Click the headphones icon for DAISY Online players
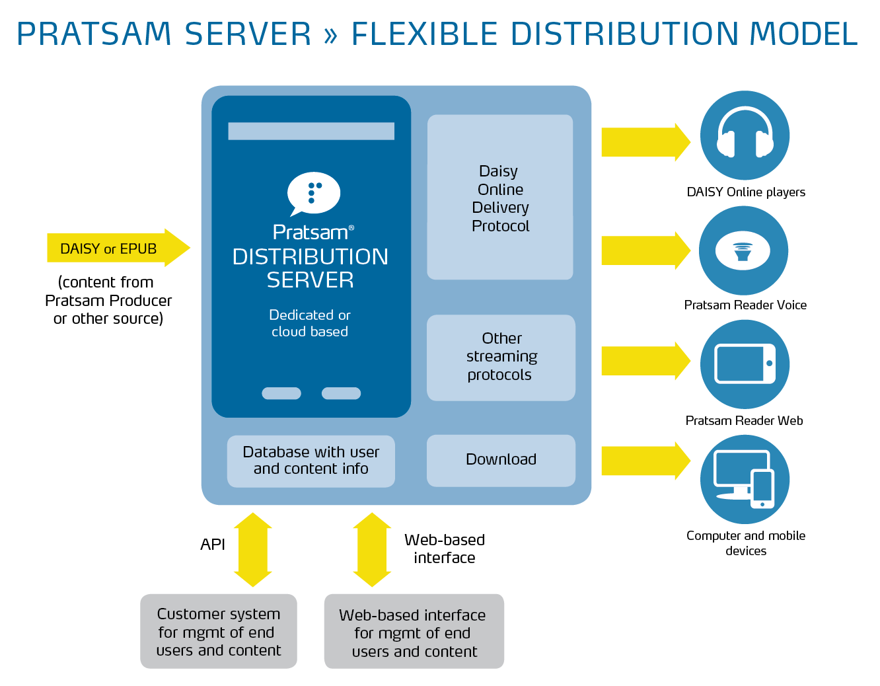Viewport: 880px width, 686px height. click(745, 135)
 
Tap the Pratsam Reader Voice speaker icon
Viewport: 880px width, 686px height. click(743, 250)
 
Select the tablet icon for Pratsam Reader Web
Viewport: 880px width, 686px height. click(745, 363)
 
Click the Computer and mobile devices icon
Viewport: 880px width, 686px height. click(745, 479)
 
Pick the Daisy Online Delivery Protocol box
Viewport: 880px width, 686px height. click(500, 198)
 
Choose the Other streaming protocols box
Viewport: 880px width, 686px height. click(501, 357)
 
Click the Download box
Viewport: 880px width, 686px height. click(501, 460)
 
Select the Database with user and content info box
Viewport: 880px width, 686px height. click(311, 461)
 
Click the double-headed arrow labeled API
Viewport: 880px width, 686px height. click(252, 550)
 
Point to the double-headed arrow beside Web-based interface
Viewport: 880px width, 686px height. click(372, 550)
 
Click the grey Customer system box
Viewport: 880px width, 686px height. click(219, 631)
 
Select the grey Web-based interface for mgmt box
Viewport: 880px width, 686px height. click(414, 632)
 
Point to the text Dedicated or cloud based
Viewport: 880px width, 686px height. click(310, 323)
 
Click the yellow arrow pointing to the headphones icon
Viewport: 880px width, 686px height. click(644, 142)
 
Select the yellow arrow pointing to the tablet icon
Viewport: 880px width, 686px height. click(644, 361)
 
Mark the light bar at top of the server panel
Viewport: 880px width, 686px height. click(311, 131)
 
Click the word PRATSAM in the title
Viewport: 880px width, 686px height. click(94, 34)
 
